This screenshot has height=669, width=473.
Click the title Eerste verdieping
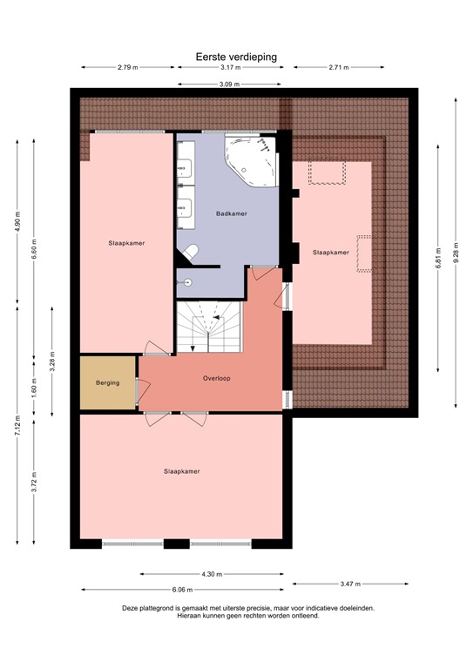[x=236, y=56]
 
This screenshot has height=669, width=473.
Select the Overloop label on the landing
[x=216, y=379]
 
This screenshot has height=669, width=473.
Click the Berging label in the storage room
[x=107, y=383]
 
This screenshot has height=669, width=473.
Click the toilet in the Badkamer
[x=190, y=252]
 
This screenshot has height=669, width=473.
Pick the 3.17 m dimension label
[x=231, y=67]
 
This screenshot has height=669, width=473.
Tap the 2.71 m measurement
[x=340, y=67]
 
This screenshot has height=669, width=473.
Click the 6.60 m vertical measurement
[x=34, y=248]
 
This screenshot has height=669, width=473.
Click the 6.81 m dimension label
[x=440, y=260]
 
